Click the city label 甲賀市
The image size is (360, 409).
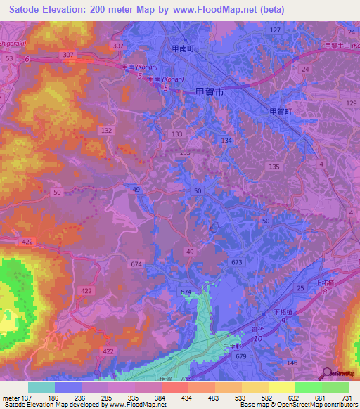pyautogui.click(x=209, y=92)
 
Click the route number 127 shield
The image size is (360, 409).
pyautogui.click(x=275, y=30)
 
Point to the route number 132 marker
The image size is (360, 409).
pyautogui.click(x=107, y=131)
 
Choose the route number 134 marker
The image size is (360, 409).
pyautogui.click(x=226, y=141)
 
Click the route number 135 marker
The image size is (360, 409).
pyautogui.click(x=274, y=166)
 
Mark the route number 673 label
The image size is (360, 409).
pyautogui.click(x=237, y=262)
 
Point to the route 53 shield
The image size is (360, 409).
pyautogui.click(x=9, y=59)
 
